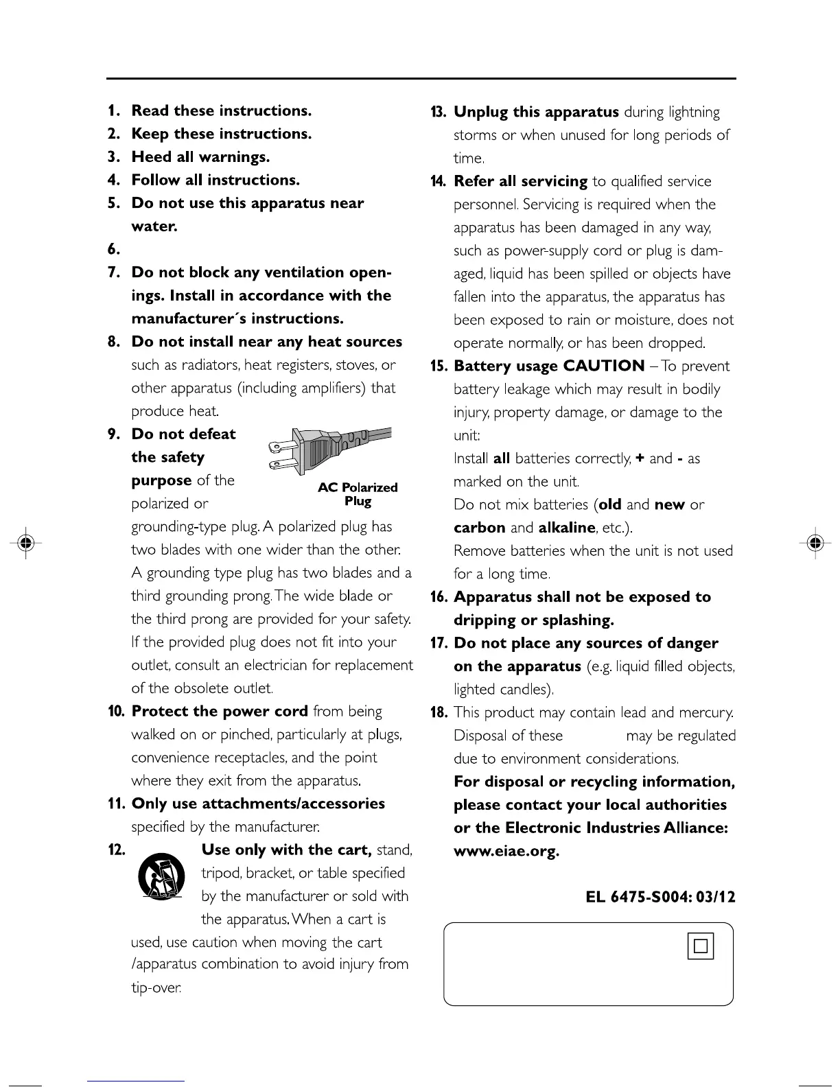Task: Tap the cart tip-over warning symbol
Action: pyautogui.click(x=162, y=876)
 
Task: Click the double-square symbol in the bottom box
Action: pyautogui.click(x=700, y=946)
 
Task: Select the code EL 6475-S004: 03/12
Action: pyautogui.click(x=660, y=897)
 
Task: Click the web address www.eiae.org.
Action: pyautogui.click(x=506, y=852)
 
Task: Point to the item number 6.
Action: pyautogui.click(x=114, y=249)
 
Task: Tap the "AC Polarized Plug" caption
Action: pyautogui.click(x=358, y=494)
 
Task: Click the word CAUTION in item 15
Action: pyautogui.click(x=604, y=366)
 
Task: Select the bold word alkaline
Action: pyautogui.click(x=567, y=528)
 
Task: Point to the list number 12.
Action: pyautogui.click(x=116, y=850)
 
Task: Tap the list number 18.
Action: pyautogui.click(x=439, y=712)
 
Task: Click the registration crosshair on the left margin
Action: pyautogui.click(x=26, y=542)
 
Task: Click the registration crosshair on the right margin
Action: pyautogui.click(x=815, y=542)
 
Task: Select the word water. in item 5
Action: pyautogui.click(x=154, y=226)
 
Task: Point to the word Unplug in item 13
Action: pyautogui.click(x=480, y=112)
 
